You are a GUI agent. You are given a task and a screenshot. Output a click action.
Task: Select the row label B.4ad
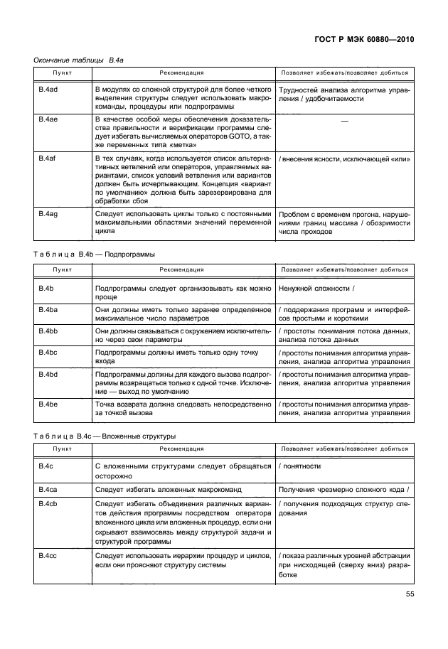pos(48,90)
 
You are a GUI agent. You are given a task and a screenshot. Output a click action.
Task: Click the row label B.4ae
pos(48,120)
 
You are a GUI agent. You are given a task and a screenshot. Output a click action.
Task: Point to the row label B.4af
pos(48,159)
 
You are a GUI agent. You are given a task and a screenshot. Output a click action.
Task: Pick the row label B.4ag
pos(48,214)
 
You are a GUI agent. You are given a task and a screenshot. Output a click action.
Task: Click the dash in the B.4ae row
pos(345,122)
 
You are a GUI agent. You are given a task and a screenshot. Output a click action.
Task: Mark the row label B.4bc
pos(48,353)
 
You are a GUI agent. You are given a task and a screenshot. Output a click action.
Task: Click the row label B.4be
pos(48,404)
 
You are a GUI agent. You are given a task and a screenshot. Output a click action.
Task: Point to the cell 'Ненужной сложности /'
pos(317,289)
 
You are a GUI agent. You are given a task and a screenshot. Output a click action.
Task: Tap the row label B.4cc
pos(48,555)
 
